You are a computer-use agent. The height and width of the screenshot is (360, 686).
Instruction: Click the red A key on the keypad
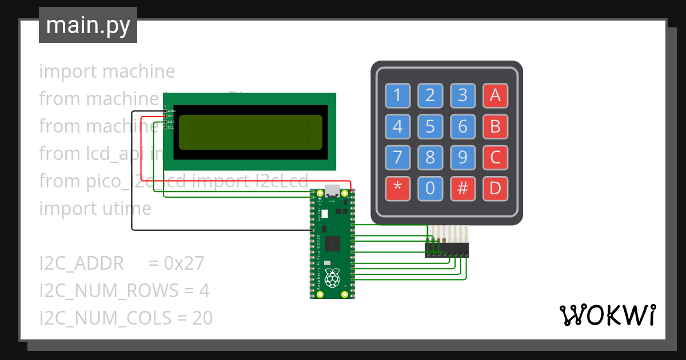495,95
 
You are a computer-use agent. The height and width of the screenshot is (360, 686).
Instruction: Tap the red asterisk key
397,189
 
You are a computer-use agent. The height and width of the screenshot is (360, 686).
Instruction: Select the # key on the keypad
462,189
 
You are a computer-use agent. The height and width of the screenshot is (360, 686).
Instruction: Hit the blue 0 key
430,189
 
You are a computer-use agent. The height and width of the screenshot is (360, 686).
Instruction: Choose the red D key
495,189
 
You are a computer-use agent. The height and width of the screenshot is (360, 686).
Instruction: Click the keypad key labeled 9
462,157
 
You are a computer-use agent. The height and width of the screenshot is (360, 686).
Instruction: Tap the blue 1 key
397,95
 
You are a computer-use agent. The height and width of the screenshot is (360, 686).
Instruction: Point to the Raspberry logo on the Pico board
332,278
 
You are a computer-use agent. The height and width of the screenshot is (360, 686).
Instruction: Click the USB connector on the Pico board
332,191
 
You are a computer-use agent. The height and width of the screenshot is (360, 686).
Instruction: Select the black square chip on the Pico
332,245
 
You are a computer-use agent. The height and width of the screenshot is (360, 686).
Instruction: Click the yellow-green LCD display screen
250,132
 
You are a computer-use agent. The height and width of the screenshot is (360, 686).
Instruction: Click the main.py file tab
88,25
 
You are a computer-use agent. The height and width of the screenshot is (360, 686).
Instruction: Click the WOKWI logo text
607,315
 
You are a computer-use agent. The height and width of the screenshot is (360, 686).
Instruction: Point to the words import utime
95,209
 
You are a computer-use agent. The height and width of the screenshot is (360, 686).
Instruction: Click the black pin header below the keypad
446,250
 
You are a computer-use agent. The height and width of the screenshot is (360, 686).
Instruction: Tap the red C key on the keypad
495,157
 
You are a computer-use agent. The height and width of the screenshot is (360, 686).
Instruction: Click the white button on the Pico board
325,214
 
